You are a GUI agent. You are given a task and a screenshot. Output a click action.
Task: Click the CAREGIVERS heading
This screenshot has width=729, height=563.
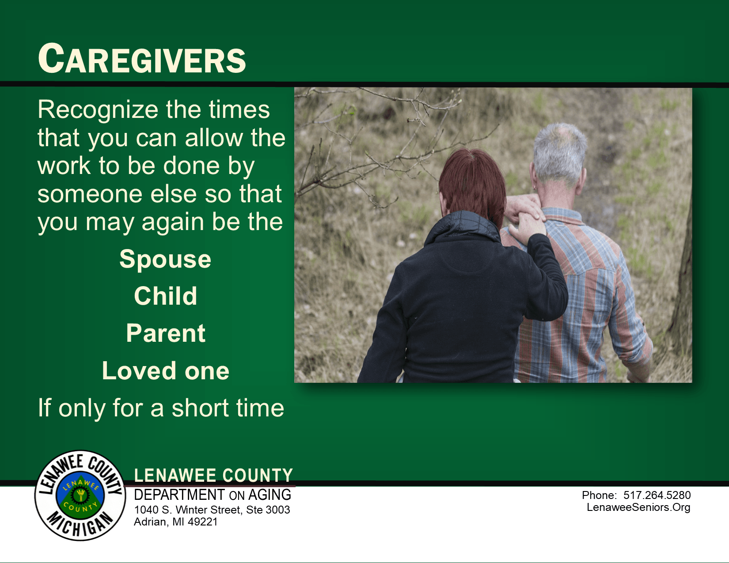point(142,59)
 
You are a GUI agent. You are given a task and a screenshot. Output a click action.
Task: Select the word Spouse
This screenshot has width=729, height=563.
point(165,259)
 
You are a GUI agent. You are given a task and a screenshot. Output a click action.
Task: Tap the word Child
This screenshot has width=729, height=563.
point(165,296)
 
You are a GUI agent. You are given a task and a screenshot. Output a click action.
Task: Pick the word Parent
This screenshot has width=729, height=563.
point(166,333)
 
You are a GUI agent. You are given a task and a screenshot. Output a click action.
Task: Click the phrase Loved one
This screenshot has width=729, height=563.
point(166,370)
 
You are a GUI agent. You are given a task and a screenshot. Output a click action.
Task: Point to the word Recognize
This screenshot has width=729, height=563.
point(98,110)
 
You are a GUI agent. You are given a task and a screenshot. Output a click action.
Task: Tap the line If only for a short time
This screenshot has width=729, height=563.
point(161,408)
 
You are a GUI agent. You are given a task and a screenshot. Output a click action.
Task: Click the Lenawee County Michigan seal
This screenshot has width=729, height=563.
point(80,495)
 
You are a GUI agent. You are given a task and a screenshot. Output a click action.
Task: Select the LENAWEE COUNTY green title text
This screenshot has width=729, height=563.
point(213,475)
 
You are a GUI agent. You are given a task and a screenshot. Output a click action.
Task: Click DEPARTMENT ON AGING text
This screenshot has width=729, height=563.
point(213,495)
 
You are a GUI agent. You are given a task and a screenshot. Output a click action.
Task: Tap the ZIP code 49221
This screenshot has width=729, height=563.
point(203,522)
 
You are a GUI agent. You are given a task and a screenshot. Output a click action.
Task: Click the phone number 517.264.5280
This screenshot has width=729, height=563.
point(657,495)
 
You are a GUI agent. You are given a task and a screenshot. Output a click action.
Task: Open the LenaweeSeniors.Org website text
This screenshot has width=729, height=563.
point(638,507)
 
